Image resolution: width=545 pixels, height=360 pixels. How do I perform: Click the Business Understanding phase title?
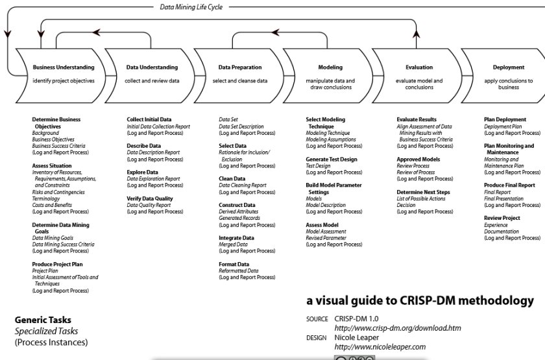64,67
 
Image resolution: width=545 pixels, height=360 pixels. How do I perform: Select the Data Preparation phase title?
240,67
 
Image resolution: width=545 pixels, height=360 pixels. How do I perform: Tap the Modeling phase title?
330,67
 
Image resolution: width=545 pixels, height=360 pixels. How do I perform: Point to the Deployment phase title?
509,67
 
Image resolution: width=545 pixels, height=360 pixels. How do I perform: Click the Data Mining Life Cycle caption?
191,7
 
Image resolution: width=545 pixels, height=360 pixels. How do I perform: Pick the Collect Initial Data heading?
149,119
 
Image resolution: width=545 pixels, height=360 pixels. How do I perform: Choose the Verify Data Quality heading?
149,198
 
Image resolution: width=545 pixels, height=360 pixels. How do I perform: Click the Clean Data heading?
232,178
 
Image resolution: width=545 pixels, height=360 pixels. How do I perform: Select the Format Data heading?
234,264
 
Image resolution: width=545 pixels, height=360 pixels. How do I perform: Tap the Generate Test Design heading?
332,159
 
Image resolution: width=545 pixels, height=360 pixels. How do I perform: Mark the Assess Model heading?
322,225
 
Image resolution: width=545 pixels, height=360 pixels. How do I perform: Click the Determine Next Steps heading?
423,192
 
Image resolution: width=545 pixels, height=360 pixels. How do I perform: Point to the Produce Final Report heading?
509,186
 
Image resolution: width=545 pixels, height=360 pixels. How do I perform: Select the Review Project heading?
502,218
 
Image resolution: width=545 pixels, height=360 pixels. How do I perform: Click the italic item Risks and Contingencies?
58,192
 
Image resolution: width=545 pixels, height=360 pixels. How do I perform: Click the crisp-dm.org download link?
398,328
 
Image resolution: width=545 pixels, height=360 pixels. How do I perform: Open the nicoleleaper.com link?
380,347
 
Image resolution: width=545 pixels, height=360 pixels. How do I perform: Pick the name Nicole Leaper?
357,337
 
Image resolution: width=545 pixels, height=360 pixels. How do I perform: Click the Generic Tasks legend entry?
43,320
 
